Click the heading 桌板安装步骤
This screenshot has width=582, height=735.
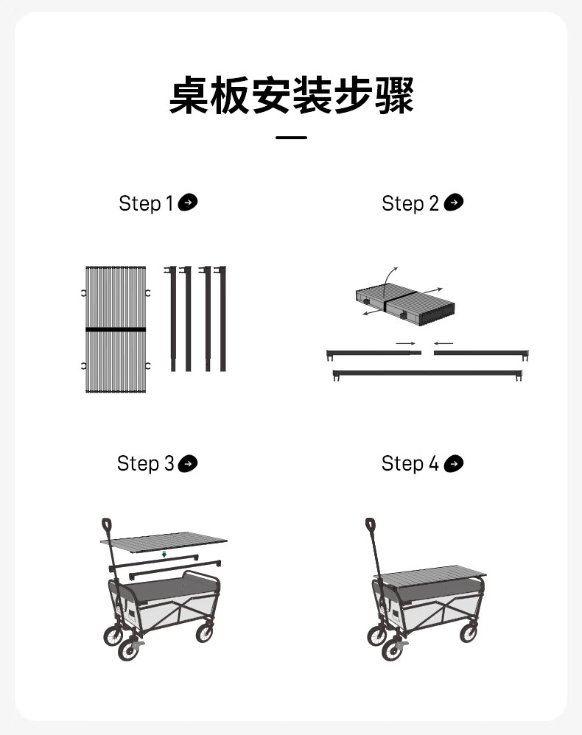[291, 95]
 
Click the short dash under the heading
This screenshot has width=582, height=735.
[291, 137]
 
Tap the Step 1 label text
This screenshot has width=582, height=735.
[146, 203]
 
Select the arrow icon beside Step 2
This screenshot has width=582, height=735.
[454, 203]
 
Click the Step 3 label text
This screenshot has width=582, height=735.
[145, 463]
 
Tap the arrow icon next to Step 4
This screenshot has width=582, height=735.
[454, 463]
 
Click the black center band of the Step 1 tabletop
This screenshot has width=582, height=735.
[116, 329]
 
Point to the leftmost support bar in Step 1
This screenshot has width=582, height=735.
[172, 319]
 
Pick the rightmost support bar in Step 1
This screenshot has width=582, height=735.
[222, 319]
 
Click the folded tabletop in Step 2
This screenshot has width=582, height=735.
[405, 305]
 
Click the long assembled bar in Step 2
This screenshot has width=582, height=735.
[427, 373]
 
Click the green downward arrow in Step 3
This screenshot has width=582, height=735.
[164, 554]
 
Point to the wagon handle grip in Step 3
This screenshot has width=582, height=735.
[107, 524]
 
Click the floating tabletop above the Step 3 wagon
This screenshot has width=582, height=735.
[164, 541]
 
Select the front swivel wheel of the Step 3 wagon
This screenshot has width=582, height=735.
[128, 650]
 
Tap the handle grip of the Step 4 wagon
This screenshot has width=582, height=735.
[371, 524]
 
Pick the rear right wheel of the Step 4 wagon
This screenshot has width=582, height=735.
[469, 633]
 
